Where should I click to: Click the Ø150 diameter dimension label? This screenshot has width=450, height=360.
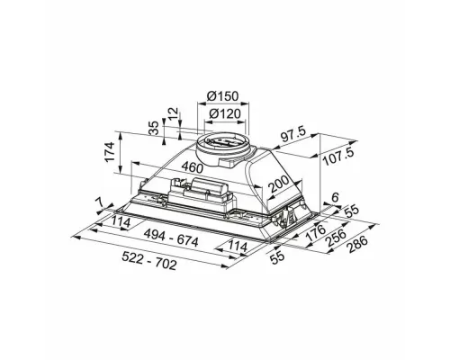tap(222, 96)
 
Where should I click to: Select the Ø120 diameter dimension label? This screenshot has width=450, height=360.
tap(225, 113)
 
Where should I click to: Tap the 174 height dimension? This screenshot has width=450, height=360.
tap(110, 152)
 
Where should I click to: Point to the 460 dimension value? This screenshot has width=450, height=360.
tap(193, 167)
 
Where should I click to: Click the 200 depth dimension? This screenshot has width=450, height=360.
tap(279, 184)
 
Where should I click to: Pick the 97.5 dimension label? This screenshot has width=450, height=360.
tap(293, 135)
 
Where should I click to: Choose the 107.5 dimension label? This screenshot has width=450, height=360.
tap(338, 157)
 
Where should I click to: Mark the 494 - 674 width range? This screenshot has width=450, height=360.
tap(171, 238)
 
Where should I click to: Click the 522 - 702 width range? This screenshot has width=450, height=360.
tap(149, 261)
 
